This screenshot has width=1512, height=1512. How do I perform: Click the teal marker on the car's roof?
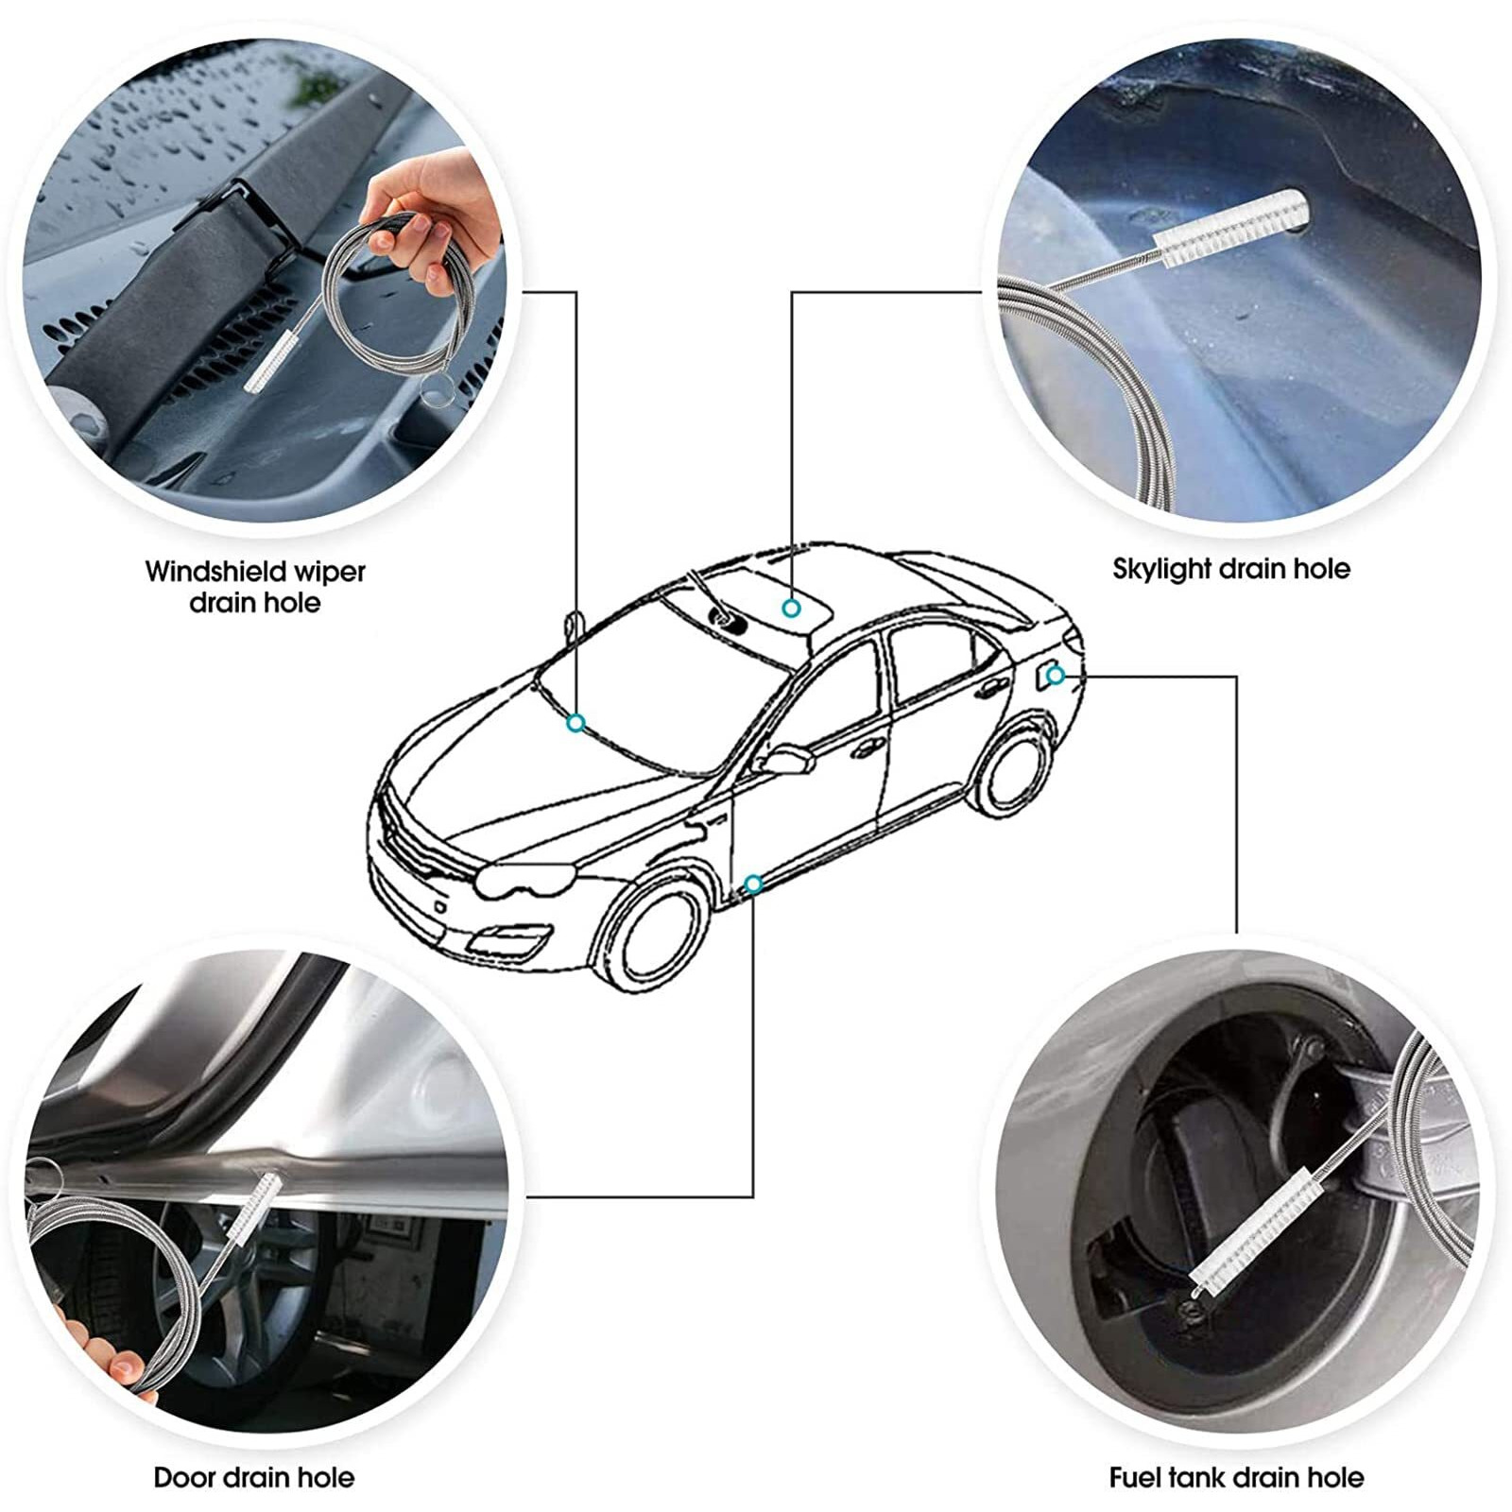791,608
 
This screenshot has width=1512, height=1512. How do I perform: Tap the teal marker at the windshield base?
576,723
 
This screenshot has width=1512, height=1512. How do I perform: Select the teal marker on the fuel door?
1056,675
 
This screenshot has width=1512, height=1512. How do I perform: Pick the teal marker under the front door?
753,884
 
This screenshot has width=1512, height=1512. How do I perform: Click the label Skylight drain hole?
1230,569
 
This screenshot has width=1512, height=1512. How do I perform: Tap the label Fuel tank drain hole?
1236,1477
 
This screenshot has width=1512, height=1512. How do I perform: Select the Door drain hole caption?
254,1477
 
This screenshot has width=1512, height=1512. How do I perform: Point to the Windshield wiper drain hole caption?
255,586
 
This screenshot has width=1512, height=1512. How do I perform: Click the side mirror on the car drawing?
789,759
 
